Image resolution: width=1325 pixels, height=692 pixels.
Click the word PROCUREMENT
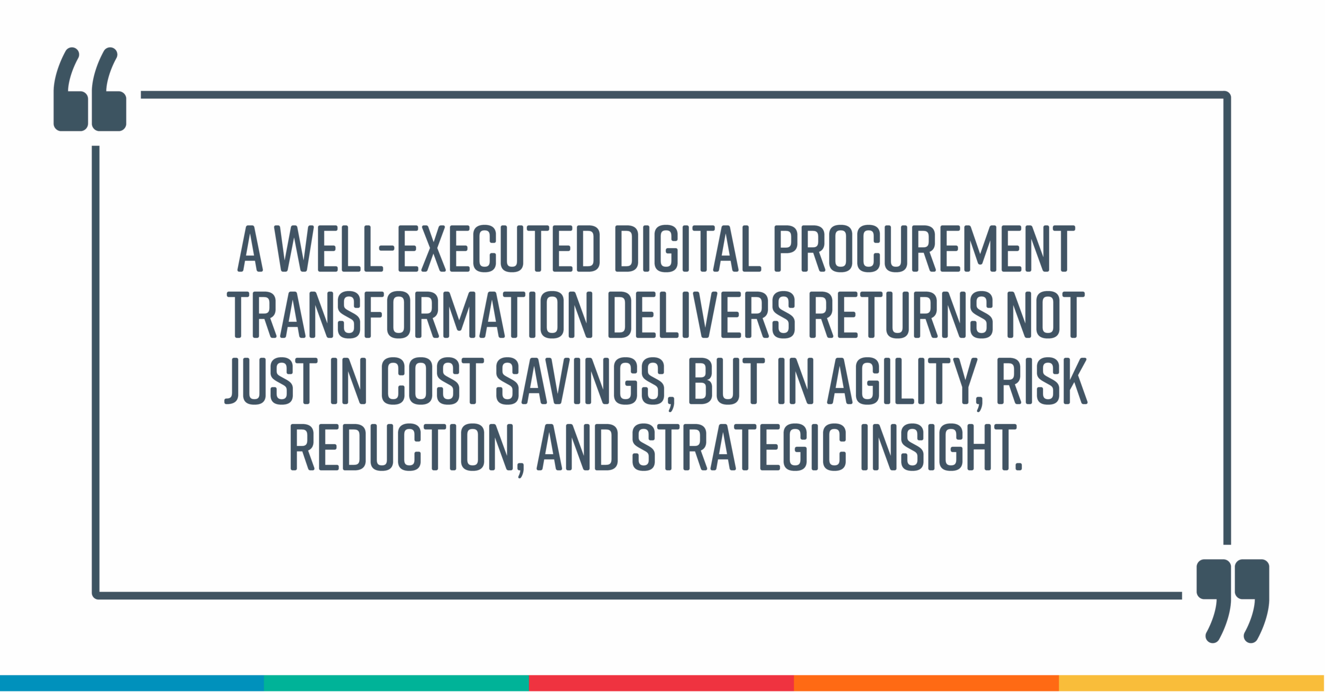pos(924,248)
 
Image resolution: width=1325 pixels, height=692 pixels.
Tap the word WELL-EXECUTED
pos(437,248)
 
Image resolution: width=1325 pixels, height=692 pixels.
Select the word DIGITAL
pos(688,248)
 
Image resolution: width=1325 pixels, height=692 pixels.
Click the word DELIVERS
pos(701,314)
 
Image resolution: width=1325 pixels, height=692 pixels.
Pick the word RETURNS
pos(901,314)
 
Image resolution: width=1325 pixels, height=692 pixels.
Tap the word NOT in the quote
pos(1046,314)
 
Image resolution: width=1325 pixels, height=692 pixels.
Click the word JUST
pos(270,381)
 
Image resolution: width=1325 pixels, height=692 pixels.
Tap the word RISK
pos(1041,381)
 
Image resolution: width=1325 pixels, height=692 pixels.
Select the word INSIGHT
pos(941,447)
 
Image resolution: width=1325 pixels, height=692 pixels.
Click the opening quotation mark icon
pos(90,89)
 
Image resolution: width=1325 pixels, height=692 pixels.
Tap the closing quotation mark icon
pos(1233,600)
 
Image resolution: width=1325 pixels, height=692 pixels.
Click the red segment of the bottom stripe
pos(661,683)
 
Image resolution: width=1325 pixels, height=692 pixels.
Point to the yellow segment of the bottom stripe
pos(1191,683)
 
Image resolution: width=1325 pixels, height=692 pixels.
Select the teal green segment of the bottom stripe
pos(396,683)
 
